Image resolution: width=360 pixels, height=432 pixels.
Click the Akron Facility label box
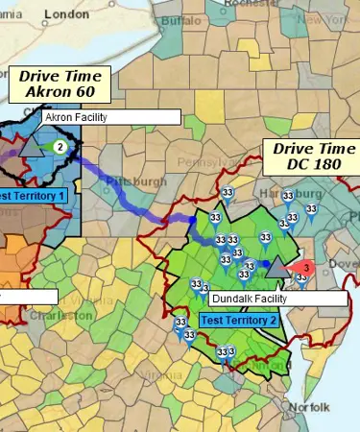coord(110,117)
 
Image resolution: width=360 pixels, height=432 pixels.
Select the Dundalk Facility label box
coord(276,299)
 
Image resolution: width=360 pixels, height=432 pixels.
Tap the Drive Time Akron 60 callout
coord(60,84)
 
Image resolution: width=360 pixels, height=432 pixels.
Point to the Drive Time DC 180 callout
coord(311,156)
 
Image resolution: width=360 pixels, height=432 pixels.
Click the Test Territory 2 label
coord(238,320)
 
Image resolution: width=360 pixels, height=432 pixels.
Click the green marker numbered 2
coord(60,147)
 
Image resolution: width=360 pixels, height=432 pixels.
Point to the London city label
coord(66,14)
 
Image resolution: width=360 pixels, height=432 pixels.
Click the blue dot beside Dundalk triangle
coord(265,262)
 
